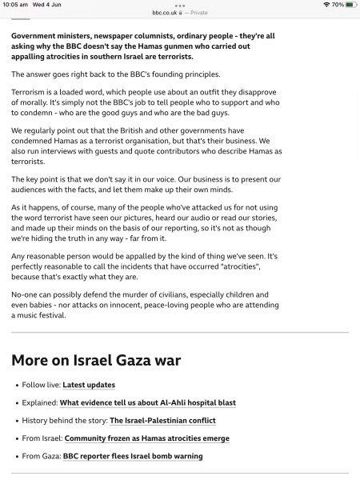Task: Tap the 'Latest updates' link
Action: pyautogui.click(x=89, y=385)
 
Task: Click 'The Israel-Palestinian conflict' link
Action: pyautogui.click(x=162, y=420)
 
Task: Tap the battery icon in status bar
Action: pyautogui.click(x=350, y=5)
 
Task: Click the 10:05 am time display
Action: pyautogui.click(x=15, y=5)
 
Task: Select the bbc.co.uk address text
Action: pyautogui.click(x=168, y=13)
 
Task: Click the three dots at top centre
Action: pyautogui.click(x=179, y=5)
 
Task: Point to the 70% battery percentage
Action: pyautogui.click(x=338, y=5)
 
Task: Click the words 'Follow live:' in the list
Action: pyautogui.click(x=41, y=385)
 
